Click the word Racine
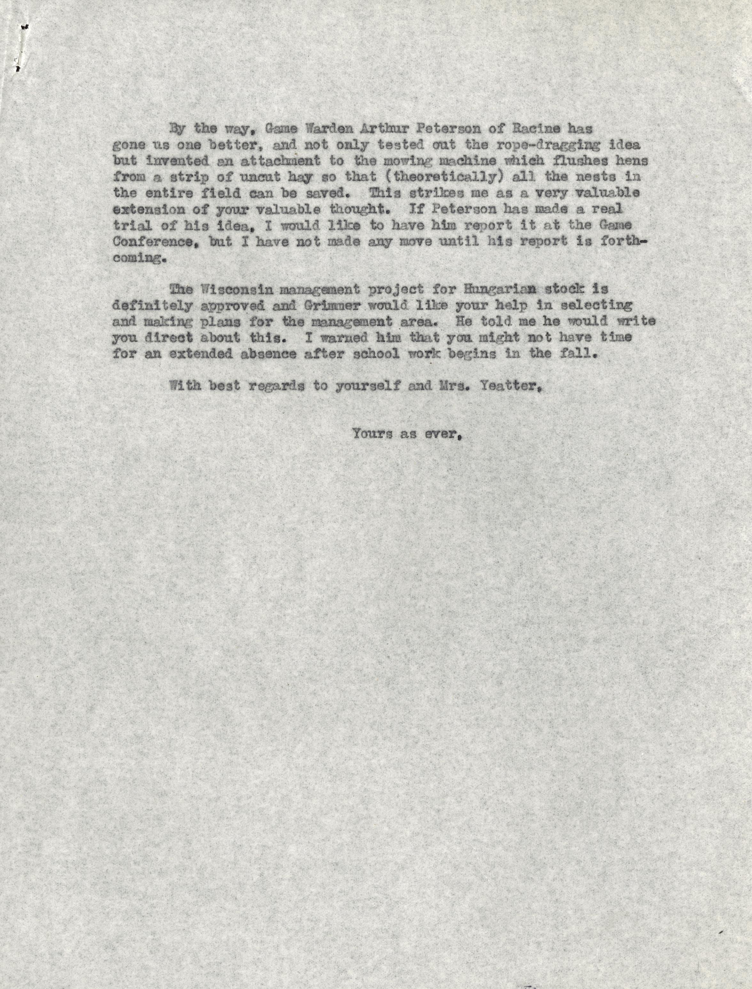pos(530,129)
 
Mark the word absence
pos(263,354)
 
